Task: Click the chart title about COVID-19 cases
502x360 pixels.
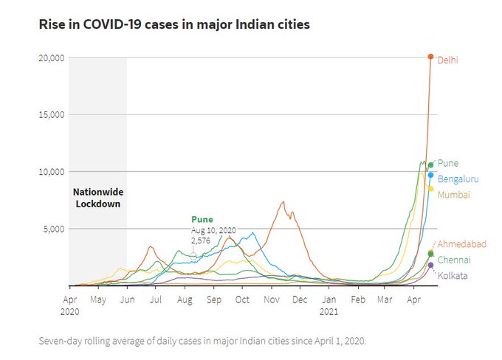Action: [174, 24]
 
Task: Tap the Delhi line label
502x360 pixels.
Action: [447, 60]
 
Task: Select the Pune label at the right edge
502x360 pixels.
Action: [448, 163]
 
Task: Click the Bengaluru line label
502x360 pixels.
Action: [458, 179]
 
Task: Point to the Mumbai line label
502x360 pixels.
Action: [453, 195]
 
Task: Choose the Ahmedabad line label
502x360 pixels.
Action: [461, 244]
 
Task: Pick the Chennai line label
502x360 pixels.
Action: [454, 260]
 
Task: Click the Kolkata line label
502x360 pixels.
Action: [453, 276]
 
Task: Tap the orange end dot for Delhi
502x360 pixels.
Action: [431, 57]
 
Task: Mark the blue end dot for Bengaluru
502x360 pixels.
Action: [430, 175]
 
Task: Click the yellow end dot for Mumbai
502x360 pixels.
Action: [430, 189]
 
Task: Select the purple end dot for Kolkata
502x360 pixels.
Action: [431, 265]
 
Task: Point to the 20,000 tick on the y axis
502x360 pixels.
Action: [51, 58]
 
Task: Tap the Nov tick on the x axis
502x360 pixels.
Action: [272, 300]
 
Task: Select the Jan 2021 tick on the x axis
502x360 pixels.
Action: [329, 305]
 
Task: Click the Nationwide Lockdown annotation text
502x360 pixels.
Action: [97, 198]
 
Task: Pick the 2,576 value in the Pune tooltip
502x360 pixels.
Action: [202, 240]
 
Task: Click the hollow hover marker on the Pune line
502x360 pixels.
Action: [193, 255]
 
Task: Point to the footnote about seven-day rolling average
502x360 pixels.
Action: [202, 342]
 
